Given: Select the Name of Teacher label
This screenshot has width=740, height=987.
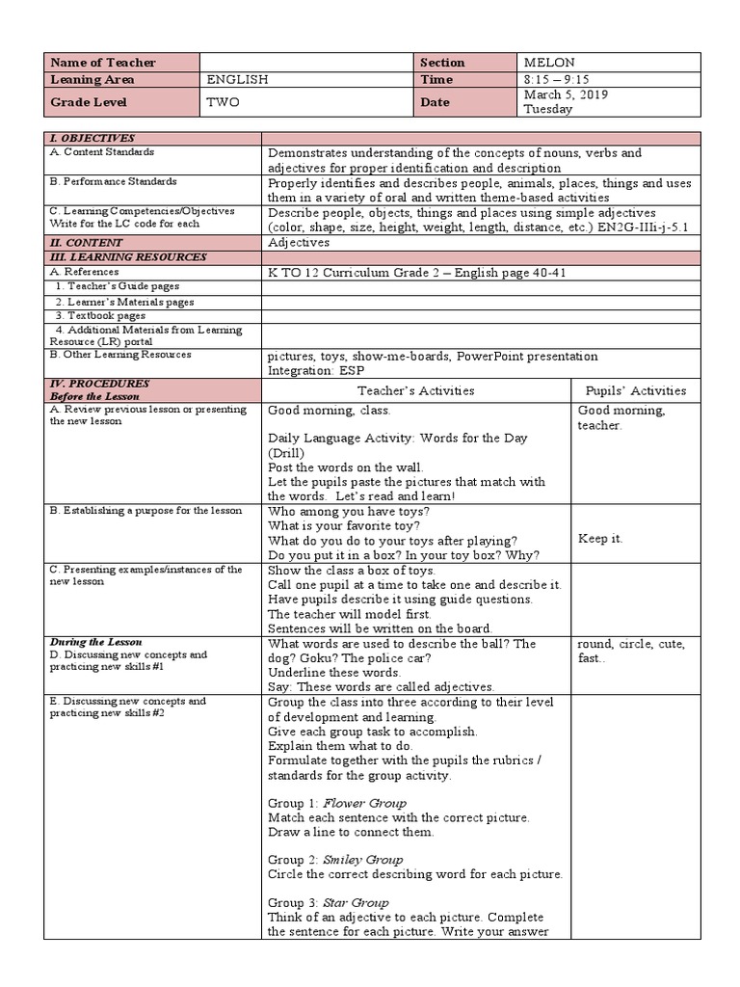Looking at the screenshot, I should tap(104, 63).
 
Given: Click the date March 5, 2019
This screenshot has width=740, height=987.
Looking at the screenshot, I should tap(566, 95).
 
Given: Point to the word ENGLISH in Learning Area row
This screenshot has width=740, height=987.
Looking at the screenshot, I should tap(238, 80).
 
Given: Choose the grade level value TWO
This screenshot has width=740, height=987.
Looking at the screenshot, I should tap(223, 102).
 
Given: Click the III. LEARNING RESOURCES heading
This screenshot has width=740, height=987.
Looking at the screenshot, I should tap(127, 257).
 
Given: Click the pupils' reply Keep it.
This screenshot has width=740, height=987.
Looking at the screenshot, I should tap(600, 539).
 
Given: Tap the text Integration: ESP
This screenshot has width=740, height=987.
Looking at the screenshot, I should tap(316, 370).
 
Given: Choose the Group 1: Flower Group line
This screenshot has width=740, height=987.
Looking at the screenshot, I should tap(337, 803).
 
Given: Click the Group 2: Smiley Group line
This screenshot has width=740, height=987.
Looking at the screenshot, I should tap(335, 860).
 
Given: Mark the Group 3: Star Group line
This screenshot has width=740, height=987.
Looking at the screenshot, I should tap(329, 902).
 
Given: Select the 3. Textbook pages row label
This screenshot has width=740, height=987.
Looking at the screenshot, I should tap(100, 315).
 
